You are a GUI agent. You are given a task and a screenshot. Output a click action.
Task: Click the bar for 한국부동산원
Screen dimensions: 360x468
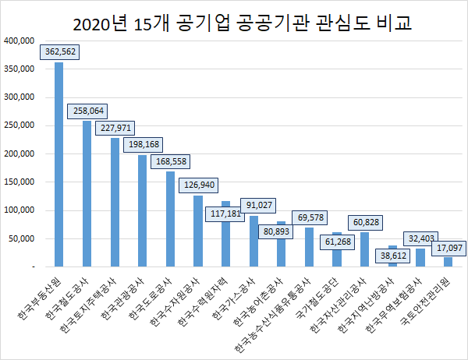59,164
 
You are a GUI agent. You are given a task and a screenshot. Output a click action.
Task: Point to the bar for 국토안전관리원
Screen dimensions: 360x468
448,262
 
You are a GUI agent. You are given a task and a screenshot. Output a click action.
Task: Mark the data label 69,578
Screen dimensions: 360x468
309,217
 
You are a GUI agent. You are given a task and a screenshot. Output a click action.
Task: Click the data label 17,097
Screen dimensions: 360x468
448,248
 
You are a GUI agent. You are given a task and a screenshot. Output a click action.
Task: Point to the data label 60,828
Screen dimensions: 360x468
364,223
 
